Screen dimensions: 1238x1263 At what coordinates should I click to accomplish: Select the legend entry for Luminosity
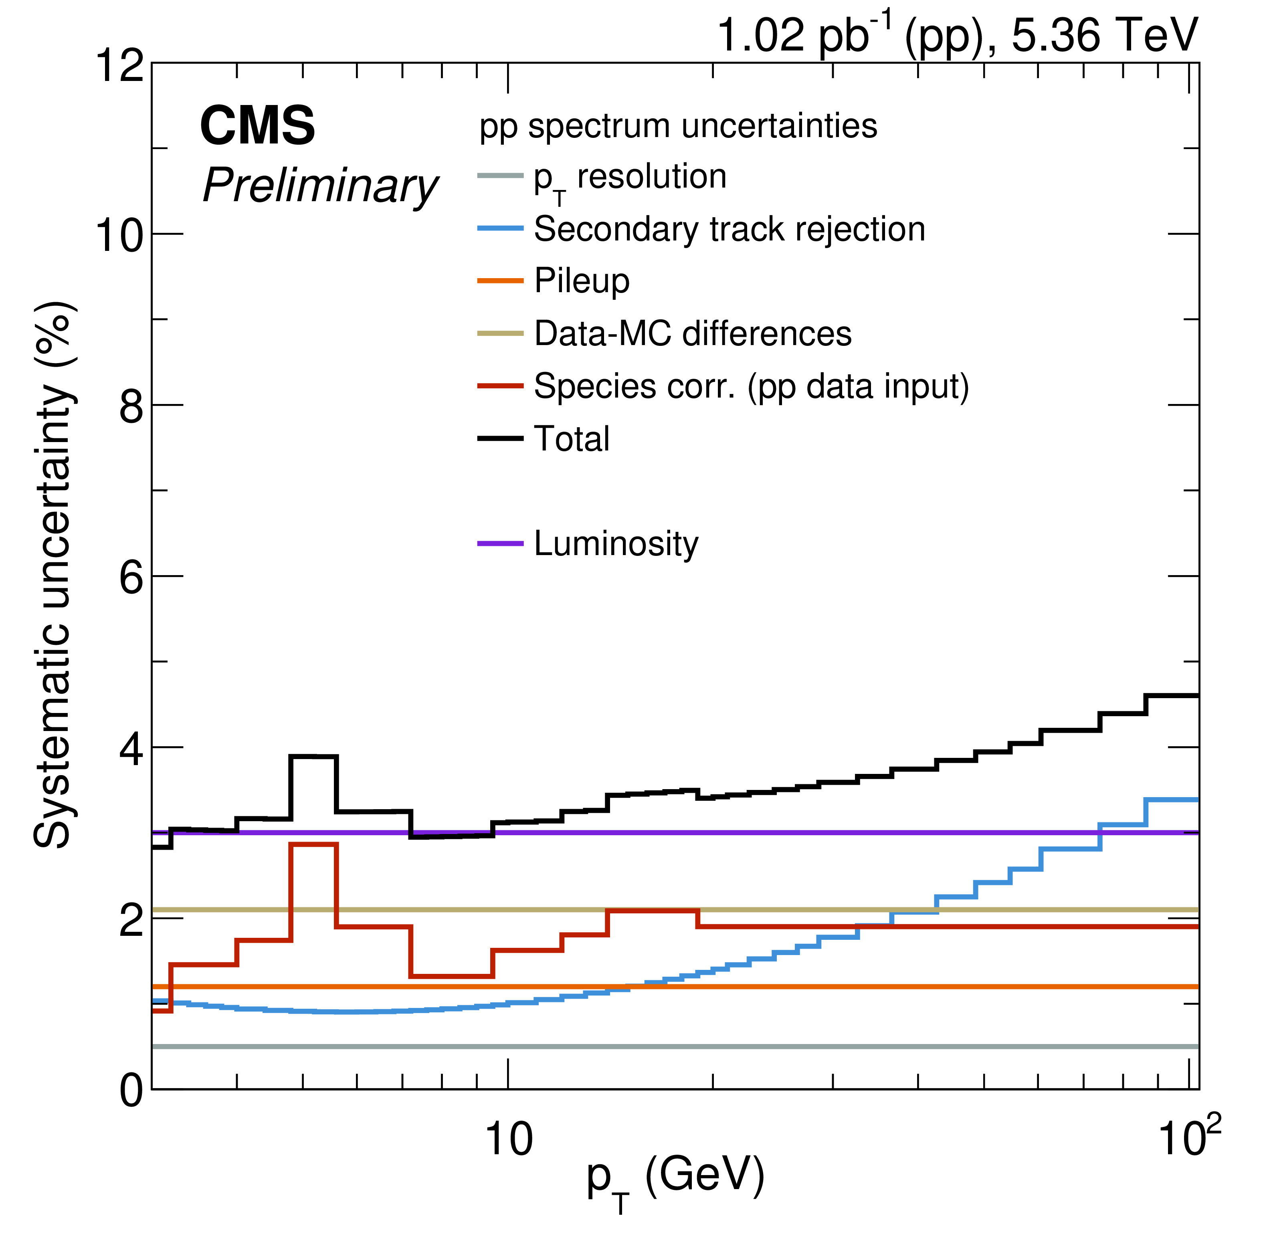(x=615, y=543)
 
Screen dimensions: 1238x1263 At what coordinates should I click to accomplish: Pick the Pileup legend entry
(x=582, y=281)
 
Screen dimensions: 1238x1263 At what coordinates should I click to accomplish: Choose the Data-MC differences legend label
(x=692, y=333)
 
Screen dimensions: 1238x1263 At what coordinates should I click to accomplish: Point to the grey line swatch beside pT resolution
(x=500, y=176)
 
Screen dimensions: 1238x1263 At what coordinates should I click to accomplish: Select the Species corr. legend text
(x=750, y=386)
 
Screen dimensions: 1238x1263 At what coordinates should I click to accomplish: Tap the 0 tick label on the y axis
(x=132, y=1091)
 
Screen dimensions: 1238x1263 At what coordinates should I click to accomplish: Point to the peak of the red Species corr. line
(x=313, y=844)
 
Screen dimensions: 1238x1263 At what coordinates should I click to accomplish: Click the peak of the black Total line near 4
(x=313, y=756)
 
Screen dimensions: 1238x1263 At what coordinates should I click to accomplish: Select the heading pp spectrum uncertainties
(x=678, y=126)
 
